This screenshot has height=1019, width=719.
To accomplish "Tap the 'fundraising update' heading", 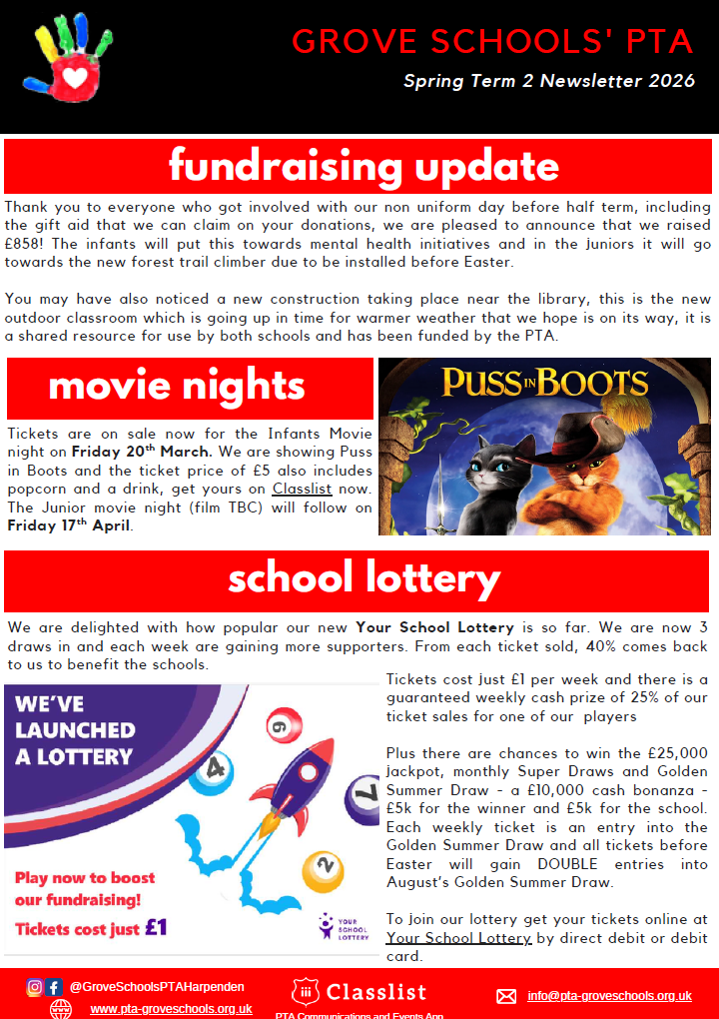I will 363,166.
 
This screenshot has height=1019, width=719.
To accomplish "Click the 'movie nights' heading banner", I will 177,387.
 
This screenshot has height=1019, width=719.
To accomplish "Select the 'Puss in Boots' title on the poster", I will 545,383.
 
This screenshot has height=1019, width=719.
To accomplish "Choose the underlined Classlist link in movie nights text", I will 304,490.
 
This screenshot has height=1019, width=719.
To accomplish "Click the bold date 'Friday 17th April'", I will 69,525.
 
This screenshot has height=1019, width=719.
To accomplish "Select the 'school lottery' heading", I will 363,579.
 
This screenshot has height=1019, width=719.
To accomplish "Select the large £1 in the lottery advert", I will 156,927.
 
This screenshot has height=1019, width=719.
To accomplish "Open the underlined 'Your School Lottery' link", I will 458,938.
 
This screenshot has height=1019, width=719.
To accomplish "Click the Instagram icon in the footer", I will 35,987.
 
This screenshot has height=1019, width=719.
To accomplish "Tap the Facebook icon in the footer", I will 55,987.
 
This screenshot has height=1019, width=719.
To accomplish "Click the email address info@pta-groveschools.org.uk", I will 609,995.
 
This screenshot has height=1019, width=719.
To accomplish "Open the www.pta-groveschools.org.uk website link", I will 171,1009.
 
